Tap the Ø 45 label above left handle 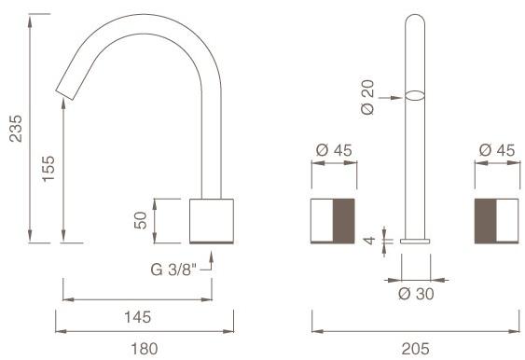tap(333, 149)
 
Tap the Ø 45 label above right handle tap(497, 149)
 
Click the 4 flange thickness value tap(370, 241)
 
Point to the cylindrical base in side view tap(212, 220)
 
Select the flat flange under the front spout tap(415, 241)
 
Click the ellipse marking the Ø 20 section tap(415, 93)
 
